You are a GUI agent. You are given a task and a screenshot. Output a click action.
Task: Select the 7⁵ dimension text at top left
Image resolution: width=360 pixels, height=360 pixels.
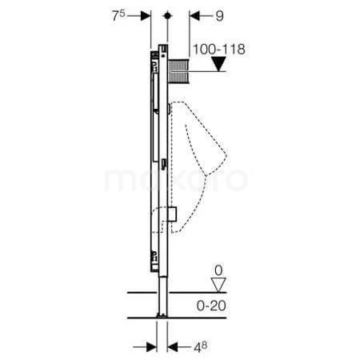(120, 14)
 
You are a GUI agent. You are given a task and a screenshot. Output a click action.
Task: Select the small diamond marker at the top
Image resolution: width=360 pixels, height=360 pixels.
(167, 14)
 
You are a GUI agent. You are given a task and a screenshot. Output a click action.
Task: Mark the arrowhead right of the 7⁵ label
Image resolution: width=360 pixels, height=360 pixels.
(146, 14)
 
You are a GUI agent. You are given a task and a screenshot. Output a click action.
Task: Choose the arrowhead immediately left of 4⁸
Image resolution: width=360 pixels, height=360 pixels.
(174, 347)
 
